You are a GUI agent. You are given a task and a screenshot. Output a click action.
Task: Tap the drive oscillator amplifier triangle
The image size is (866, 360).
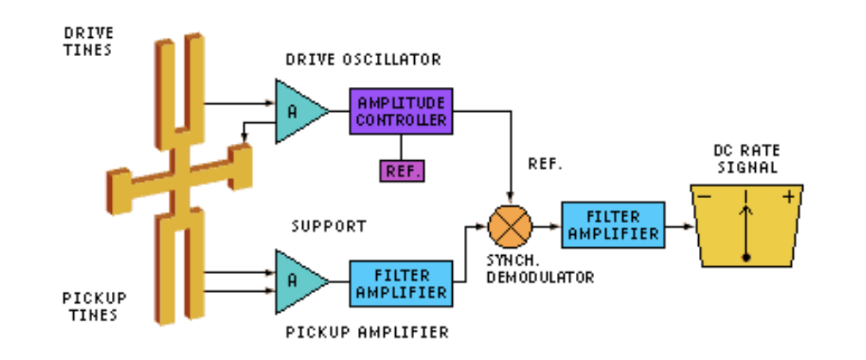(298, 110)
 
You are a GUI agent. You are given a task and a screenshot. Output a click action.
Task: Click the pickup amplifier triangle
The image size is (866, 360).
(298, 282)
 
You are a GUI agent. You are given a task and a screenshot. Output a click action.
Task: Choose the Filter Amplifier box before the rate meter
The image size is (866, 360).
(612, 225)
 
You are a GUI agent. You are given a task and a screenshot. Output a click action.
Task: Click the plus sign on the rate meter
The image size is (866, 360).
(788, 196)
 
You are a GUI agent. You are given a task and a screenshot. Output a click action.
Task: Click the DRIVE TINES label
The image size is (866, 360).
(90, 41)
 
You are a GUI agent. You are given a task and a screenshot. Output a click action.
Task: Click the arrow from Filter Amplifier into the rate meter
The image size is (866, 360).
(680, 227)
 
